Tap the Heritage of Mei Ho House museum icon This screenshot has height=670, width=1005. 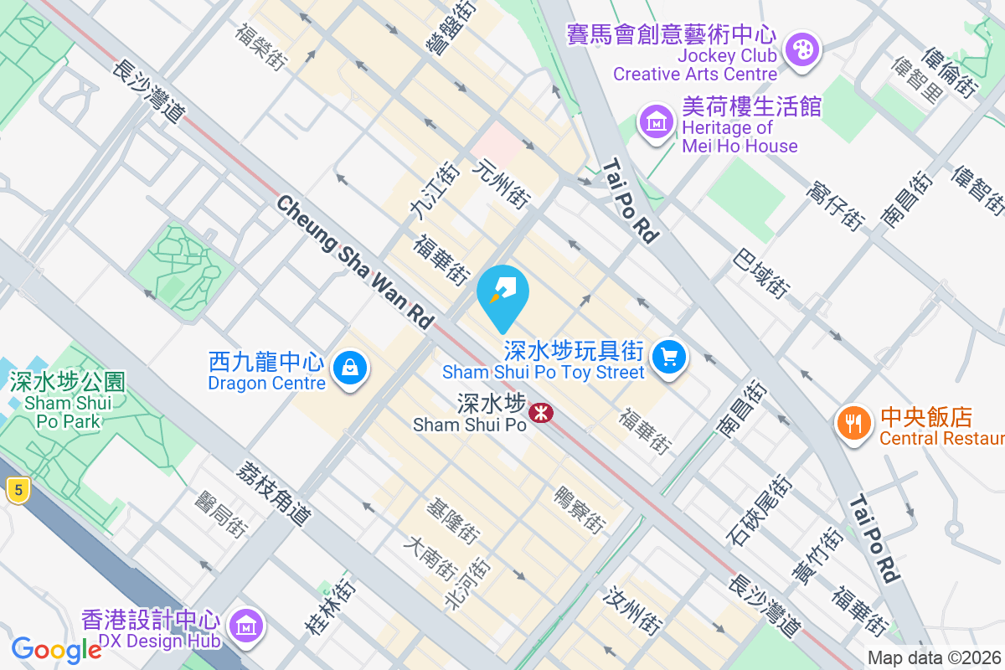click(x=657, y=122)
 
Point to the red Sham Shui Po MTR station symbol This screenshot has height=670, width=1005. click(x=540, y=412)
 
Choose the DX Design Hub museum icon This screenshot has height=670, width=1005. click(x=246, y=625)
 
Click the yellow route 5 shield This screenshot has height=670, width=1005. click(x=16, y=490)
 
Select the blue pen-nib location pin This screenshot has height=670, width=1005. click(x=502, y=292)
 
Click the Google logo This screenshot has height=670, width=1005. click(x=56, y=649)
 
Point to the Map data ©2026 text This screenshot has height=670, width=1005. click(x=933, y=657)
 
